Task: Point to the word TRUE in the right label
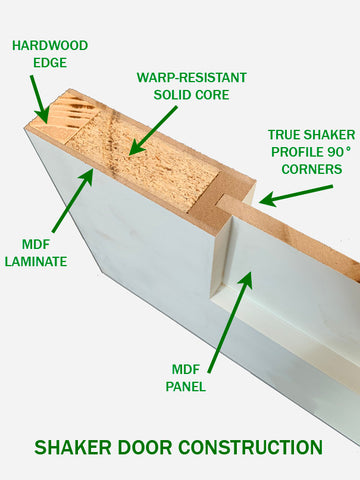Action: point(285,134)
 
